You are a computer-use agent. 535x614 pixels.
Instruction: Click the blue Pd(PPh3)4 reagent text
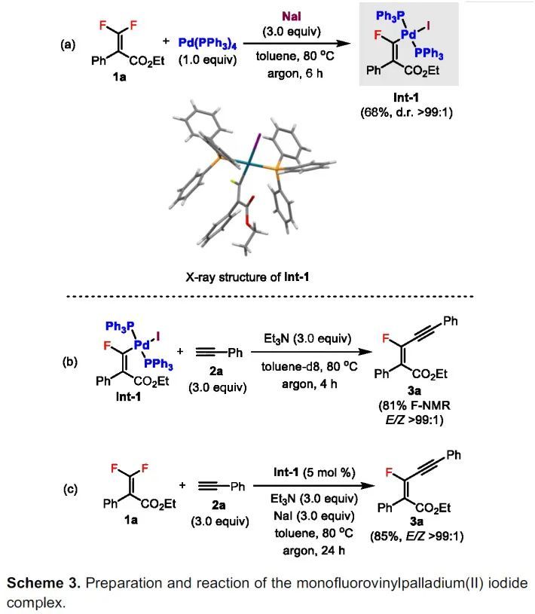pyautogui.click(x=206, y=43)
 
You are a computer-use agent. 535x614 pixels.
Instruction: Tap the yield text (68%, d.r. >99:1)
pyautogui.click(x=407, y=113)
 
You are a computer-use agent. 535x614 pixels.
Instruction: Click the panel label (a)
pyautogui.click(x=69, y=44)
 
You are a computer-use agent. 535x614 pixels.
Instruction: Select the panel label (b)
pyautogui.click(x=69, y=361)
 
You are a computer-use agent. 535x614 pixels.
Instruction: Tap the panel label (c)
pyautogui.click(x=69, y=488)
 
